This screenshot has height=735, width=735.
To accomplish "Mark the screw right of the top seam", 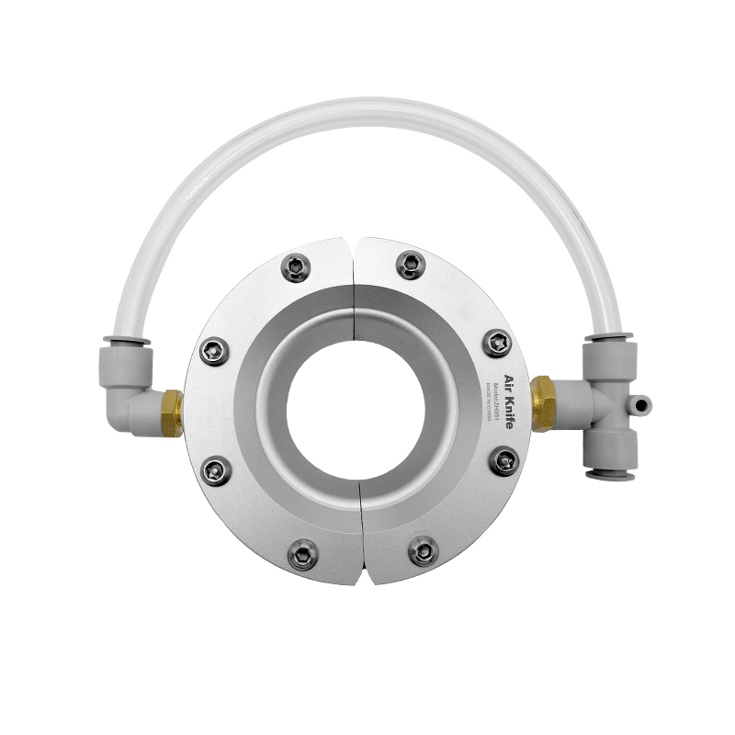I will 410,265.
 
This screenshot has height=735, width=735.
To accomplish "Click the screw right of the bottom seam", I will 422,552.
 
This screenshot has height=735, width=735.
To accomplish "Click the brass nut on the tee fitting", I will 543,402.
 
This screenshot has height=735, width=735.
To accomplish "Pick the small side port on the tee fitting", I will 639,401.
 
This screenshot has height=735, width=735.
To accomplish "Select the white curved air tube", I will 367,119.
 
